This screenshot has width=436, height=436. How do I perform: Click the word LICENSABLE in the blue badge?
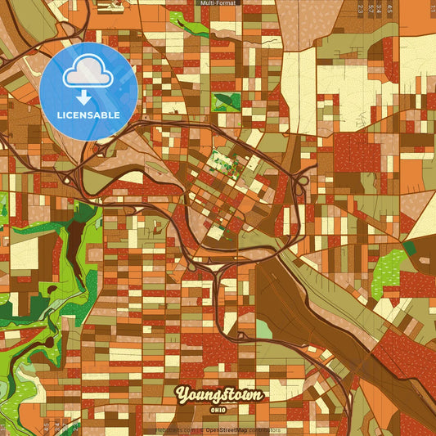point(88,115)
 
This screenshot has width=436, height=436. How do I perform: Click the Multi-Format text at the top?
point(218,3)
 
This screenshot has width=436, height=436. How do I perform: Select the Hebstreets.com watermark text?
point(175,430)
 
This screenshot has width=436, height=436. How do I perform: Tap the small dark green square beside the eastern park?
point(410,247)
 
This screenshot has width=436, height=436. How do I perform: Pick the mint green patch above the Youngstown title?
point(263,329)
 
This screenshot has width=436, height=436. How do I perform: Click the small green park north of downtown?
point(222,102)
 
